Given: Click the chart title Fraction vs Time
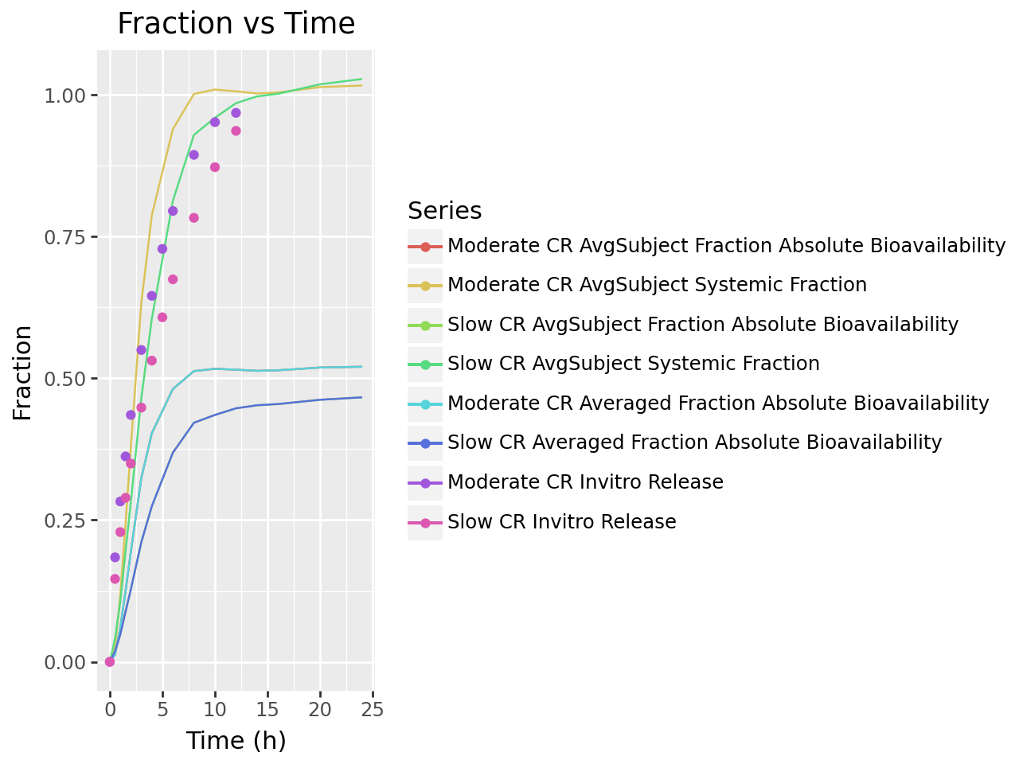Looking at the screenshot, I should pos(236,24).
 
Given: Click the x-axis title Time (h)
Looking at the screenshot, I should pos(236,741).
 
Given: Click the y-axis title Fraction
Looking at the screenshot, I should pos(22,372).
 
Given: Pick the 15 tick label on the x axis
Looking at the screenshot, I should pos(267,709).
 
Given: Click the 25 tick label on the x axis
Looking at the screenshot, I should pos(373,709).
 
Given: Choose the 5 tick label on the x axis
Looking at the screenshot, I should pos(162,709).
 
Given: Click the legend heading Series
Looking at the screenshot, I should pos(444,211).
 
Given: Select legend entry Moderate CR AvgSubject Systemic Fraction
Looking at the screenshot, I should pos(657,285).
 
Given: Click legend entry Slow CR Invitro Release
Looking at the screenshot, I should pos(561,522).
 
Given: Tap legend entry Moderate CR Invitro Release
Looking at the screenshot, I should pos(585,482).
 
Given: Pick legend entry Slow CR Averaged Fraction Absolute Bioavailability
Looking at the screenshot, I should pos(694,442).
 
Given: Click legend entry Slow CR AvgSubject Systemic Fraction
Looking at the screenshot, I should pos(633,364).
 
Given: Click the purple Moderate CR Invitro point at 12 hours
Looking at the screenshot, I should pos(236,113).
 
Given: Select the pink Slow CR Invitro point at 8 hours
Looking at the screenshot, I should pos(193,218).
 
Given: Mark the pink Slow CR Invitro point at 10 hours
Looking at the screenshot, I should pos(215,167).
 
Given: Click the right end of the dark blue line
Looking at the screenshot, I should pos(361,397).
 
